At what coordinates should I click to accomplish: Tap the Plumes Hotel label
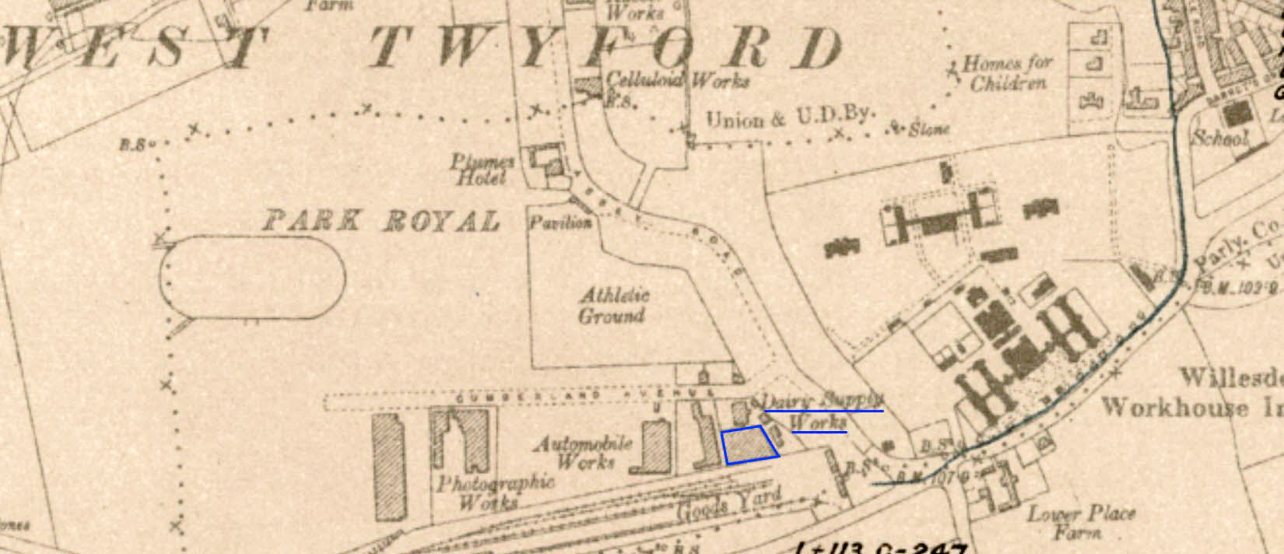[x=482, y=170]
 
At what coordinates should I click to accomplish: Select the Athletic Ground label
[x=612, y=305]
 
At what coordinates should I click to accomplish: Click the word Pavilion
[x=560, y=223]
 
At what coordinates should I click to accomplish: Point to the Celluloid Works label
[x=677, y=80]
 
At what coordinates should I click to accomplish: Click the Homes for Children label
[x=1007, y=72]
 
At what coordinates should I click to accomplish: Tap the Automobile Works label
[x=584, y=452]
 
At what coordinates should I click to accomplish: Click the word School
[x=1220, y=138]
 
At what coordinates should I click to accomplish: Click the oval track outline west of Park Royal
[x=254, y=278]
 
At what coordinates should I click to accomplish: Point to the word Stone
[x=928, y=128]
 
